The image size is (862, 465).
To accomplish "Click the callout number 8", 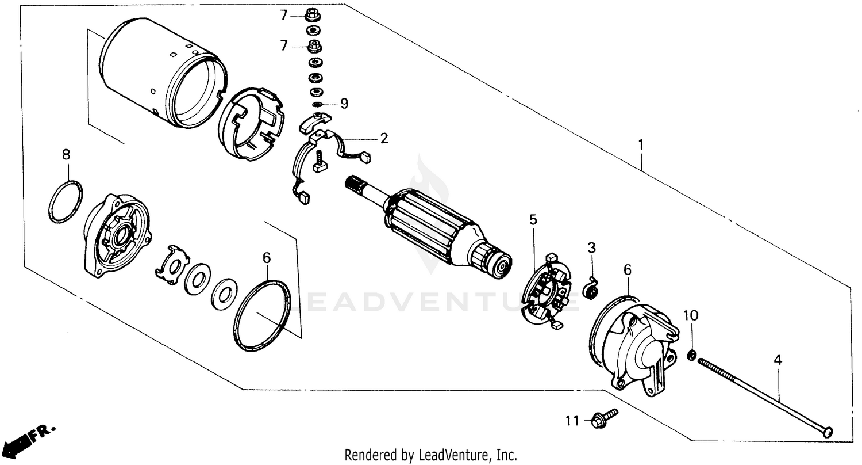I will (x=66, y=154).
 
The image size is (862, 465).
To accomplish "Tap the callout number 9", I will (x=344, y=104).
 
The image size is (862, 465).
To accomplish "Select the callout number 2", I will (x=383, y=138).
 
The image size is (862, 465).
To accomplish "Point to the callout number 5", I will (x=533, y=219).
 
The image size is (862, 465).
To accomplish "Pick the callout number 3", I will (x=591, y=247).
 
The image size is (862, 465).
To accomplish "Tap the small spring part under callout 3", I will (x=590, y=288).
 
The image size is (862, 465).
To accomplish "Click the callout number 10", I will (x=691, y=315).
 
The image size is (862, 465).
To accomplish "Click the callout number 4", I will (x=777, y=360).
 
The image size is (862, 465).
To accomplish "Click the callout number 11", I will (x=571, y=421).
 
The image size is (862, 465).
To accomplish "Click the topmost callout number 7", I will (x=283, y=16).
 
